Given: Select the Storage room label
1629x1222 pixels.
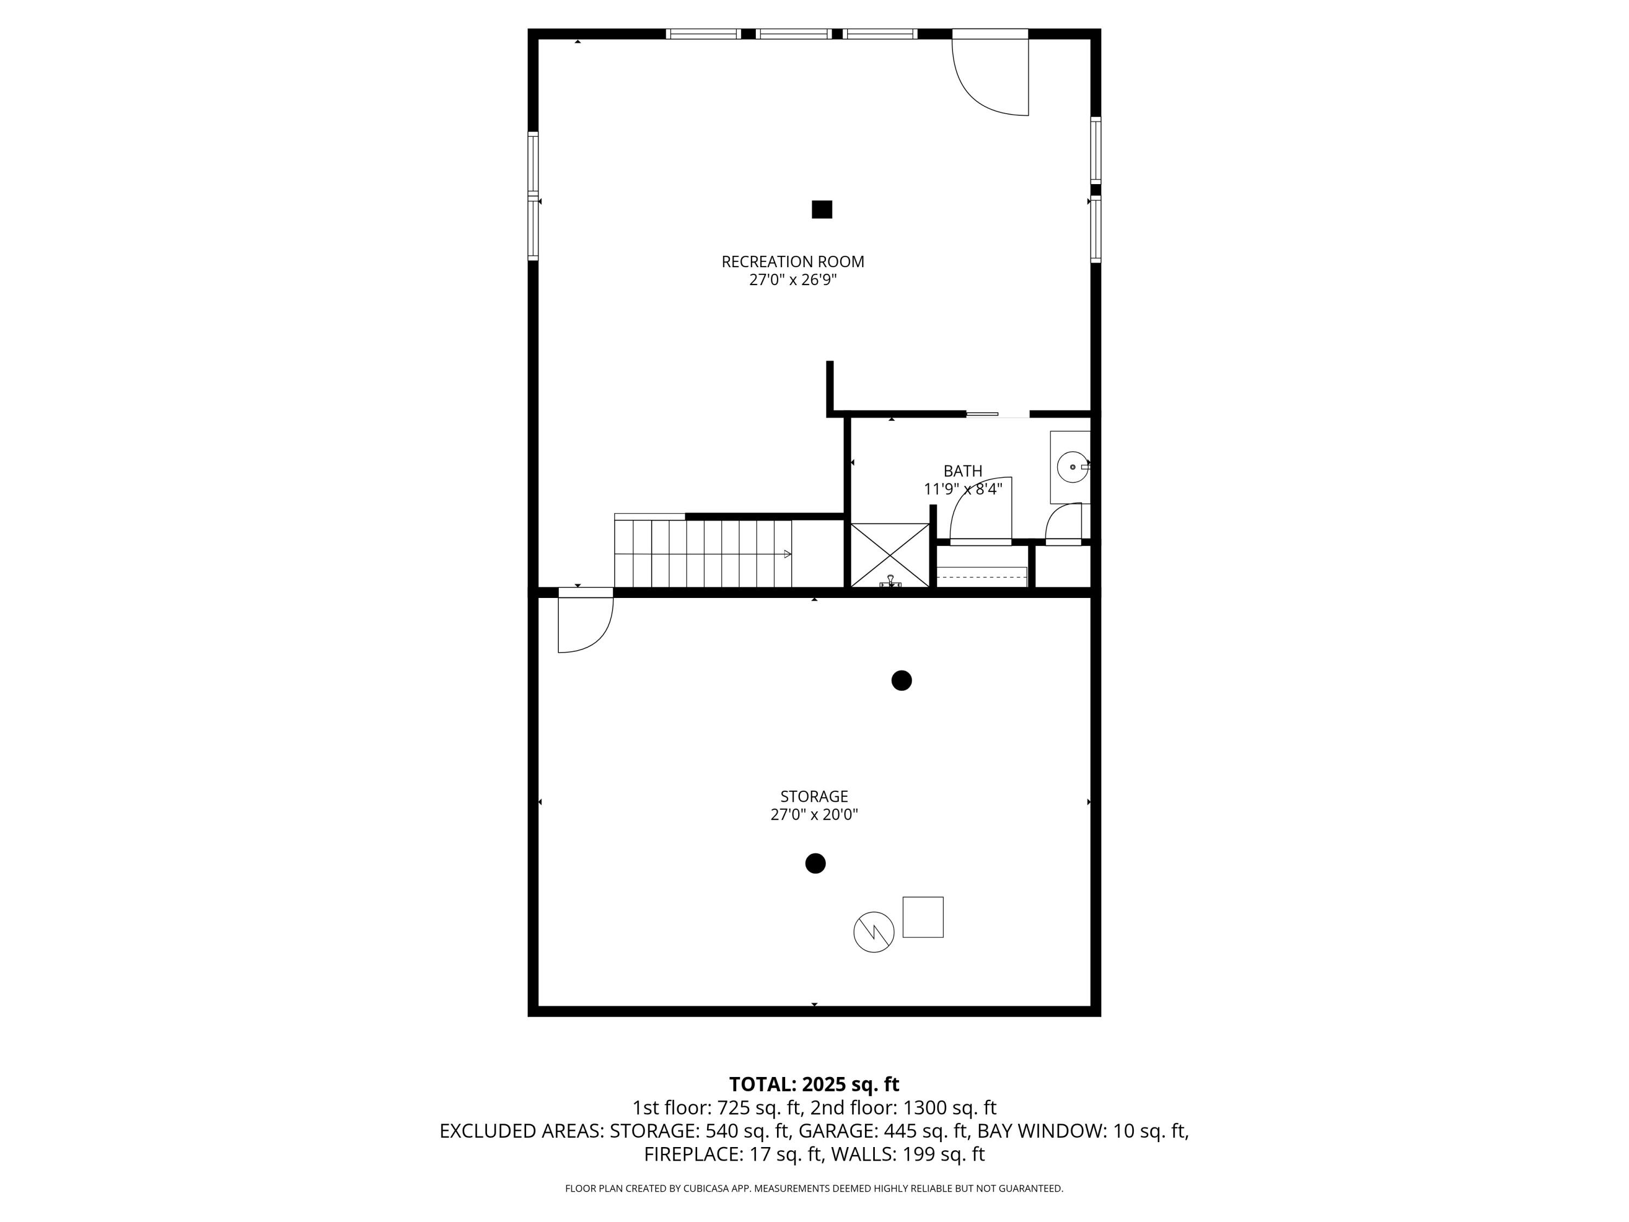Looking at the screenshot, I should pos(814,796).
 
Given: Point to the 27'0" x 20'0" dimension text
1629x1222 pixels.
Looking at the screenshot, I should pos(814,815).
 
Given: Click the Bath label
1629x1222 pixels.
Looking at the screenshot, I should pos(963,471).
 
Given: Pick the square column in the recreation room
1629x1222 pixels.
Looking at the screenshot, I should pos(822,210).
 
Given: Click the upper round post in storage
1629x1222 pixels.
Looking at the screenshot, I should pos(901,681).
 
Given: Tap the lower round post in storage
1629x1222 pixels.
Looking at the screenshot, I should pos(815,864).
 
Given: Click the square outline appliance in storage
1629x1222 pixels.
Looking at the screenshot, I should pos(923,917).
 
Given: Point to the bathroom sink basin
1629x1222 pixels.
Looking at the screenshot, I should pos(1071,467).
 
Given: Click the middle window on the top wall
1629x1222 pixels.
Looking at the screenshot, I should pos(794,34).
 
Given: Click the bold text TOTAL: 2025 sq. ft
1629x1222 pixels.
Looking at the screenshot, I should pos(814,1084).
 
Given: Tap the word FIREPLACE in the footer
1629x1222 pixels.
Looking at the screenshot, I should pos(692,1154).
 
